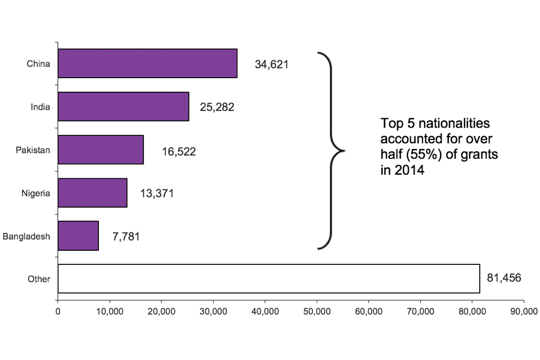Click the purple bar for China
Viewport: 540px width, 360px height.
147,63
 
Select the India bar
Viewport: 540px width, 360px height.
123,106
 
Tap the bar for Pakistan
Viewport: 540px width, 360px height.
101,150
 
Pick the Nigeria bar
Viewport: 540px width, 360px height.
92,193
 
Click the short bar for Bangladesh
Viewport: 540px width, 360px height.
78,236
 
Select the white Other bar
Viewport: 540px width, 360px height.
268,278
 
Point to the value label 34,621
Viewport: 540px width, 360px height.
271,64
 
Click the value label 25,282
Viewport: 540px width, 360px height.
217,107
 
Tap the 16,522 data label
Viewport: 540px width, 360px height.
179,151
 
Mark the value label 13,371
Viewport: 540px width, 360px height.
157,194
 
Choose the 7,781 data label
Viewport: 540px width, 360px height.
126,237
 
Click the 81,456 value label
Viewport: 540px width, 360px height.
505,278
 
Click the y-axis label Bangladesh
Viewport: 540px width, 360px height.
26,236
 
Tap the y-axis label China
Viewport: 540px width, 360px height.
39,64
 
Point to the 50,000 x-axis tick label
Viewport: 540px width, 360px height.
317,310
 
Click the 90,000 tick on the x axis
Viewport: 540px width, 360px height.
524,310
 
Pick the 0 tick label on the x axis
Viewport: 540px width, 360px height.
58,310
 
